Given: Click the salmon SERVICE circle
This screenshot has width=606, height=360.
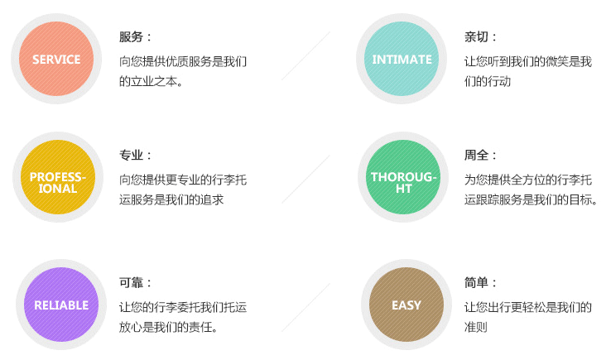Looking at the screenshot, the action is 56,59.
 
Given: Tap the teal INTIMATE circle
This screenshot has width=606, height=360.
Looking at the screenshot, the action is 402,59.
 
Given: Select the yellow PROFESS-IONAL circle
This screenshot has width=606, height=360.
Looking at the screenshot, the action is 58,177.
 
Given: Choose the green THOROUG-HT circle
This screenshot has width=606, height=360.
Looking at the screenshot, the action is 403,177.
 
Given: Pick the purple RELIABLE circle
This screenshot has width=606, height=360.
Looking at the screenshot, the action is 61,305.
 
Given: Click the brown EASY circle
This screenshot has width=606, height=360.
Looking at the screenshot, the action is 406,305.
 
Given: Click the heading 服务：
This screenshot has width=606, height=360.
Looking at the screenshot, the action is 135,37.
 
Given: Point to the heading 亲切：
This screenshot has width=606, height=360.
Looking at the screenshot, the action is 480,37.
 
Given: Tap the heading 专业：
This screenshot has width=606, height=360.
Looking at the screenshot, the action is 135,156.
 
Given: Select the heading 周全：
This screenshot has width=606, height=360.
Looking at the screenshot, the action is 480,156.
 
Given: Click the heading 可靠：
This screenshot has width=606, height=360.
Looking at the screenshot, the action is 135,283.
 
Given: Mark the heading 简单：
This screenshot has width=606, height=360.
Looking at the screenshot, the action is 480,283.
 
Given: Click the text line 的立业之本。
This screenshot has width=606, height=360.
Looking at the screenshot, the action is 151,81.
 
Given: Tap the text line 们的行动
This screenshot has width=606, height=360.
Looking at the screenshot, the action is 488,81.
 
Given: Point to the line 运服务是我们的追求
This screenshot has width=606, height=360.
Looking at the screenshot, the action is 171,199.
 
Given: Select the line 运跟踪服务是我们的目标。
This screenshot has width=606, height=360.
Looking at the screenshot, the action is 531,199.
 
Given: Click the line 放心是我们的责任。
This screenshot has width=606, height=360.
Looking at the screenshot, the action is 169,327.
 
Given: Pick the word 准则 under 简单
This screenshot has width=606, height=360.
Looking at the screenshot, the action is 476,327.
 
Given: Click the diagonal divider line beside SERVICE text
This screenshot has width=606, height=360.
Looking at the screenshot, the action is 305,55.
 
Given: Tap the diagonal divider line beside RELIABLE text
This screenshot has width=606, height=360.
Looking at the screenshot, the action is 305,308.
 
